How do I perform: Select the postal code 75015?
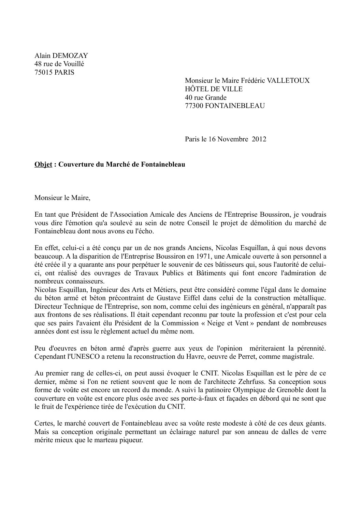click(43, 72)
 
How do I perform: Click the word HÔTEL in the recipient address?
click(195, 89)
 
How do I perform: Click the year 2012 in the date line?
click(259, 139)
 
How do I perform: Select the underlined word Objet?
click(43, 164)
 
